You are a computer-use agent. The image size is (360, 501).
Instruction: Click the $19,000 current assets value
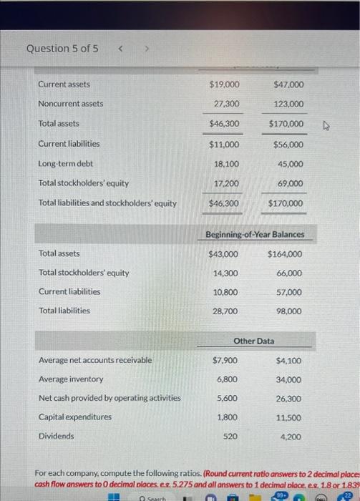click(225, 84)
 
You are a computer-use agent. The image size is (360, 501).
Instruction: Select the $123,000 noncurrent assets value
click(288, 104)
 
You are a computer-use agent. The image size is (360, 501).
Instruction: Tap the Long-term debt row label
click(65, 164)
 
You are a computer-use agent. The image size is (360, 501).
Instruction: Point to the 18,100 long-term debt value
click(227, 164)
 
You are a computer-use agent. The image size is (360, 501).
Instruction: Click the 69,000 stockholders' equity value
click(289, 184)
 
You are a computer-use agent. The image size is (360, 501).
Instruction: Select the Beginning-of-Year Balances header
click(255, 234)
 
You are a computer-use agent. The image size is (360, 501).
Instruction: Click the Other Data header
click(254, 341)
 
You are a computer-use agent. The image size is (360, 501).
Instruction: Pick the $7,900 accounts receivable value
click(226, 360)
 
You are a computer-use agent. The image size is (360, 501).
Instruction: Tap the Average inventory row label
click(71, 379)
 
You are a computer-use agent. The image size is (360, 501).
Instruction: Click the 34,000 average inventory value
click(288, 379)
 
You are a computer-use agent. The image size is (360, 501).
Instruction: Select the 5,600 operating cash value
click(227, 398)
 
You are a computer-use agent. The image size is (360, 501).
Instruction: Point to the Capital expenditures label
click(75, 417)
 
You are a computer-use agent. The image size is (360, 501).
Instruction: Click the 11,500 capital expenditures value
click(288, 417)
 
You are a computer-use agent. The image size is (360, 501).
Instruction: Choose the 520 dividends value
click(230, 436)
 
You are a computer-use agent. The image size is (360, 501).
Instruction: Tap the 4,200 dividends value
click(291, 436)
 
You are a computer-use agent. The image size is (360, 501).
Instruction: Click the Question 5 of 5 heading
click(62, 49)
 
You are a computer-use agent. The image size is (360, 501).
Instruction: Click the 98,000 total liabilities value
click(288, 311)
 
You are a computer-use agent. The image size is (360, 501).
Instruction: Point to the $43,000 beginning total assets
click(224, 254)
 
